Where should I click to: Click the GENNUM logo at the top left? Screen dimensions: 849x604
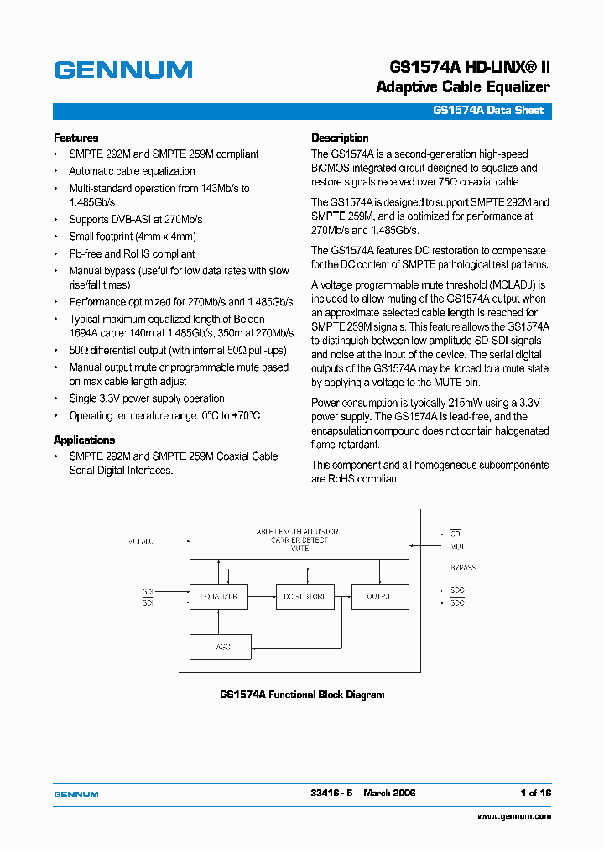coord(123,70)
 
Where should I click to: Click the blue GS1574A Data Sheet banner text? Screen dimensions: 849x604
coord(488,111)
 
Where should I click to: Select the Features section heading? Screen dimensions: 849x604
coord(75,138)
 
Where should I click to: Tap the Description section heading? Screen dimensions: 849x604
coord(340,138)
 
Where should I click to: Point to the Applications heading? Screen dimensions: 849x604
coord(84,440)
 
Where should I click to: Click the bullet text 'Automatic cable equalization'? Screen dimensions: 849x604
coord(132,171)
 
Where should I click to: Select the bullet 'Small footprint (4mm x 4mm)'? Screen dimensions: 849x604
coord(132,237)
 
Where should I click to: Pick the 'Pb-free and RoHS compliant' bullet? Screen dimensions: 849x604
coord(132,253)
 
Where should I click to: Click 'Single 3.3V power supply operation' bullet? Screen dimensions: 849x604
coord(147,398)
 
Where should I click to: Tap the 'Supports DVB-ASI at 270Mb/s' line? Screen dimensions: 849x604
coord(135,219)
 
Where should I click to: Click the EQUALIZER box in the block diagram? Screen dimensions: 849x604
coord(219,596)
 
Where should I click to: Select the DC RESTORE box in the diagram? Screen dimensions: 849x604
coord(305,596)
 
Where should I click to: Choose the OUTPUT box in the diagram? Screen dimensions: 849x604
coord(379,596)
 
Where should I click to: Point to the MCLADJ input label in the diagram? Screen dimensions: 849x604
coord(140,540)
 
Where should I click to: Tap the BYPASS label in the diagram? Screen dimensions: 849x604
coord(462,568)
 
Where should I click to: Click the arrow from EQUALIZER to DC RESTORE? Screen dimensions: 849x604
coord(262,596)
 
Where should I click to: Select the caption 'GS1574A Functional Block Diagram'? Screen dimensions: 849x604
coord(302,695)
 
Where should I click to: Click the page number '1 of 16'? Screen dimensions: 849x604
coord(535,793)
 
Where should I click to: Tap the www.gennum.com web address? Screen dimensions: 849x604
coord(513,816)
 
